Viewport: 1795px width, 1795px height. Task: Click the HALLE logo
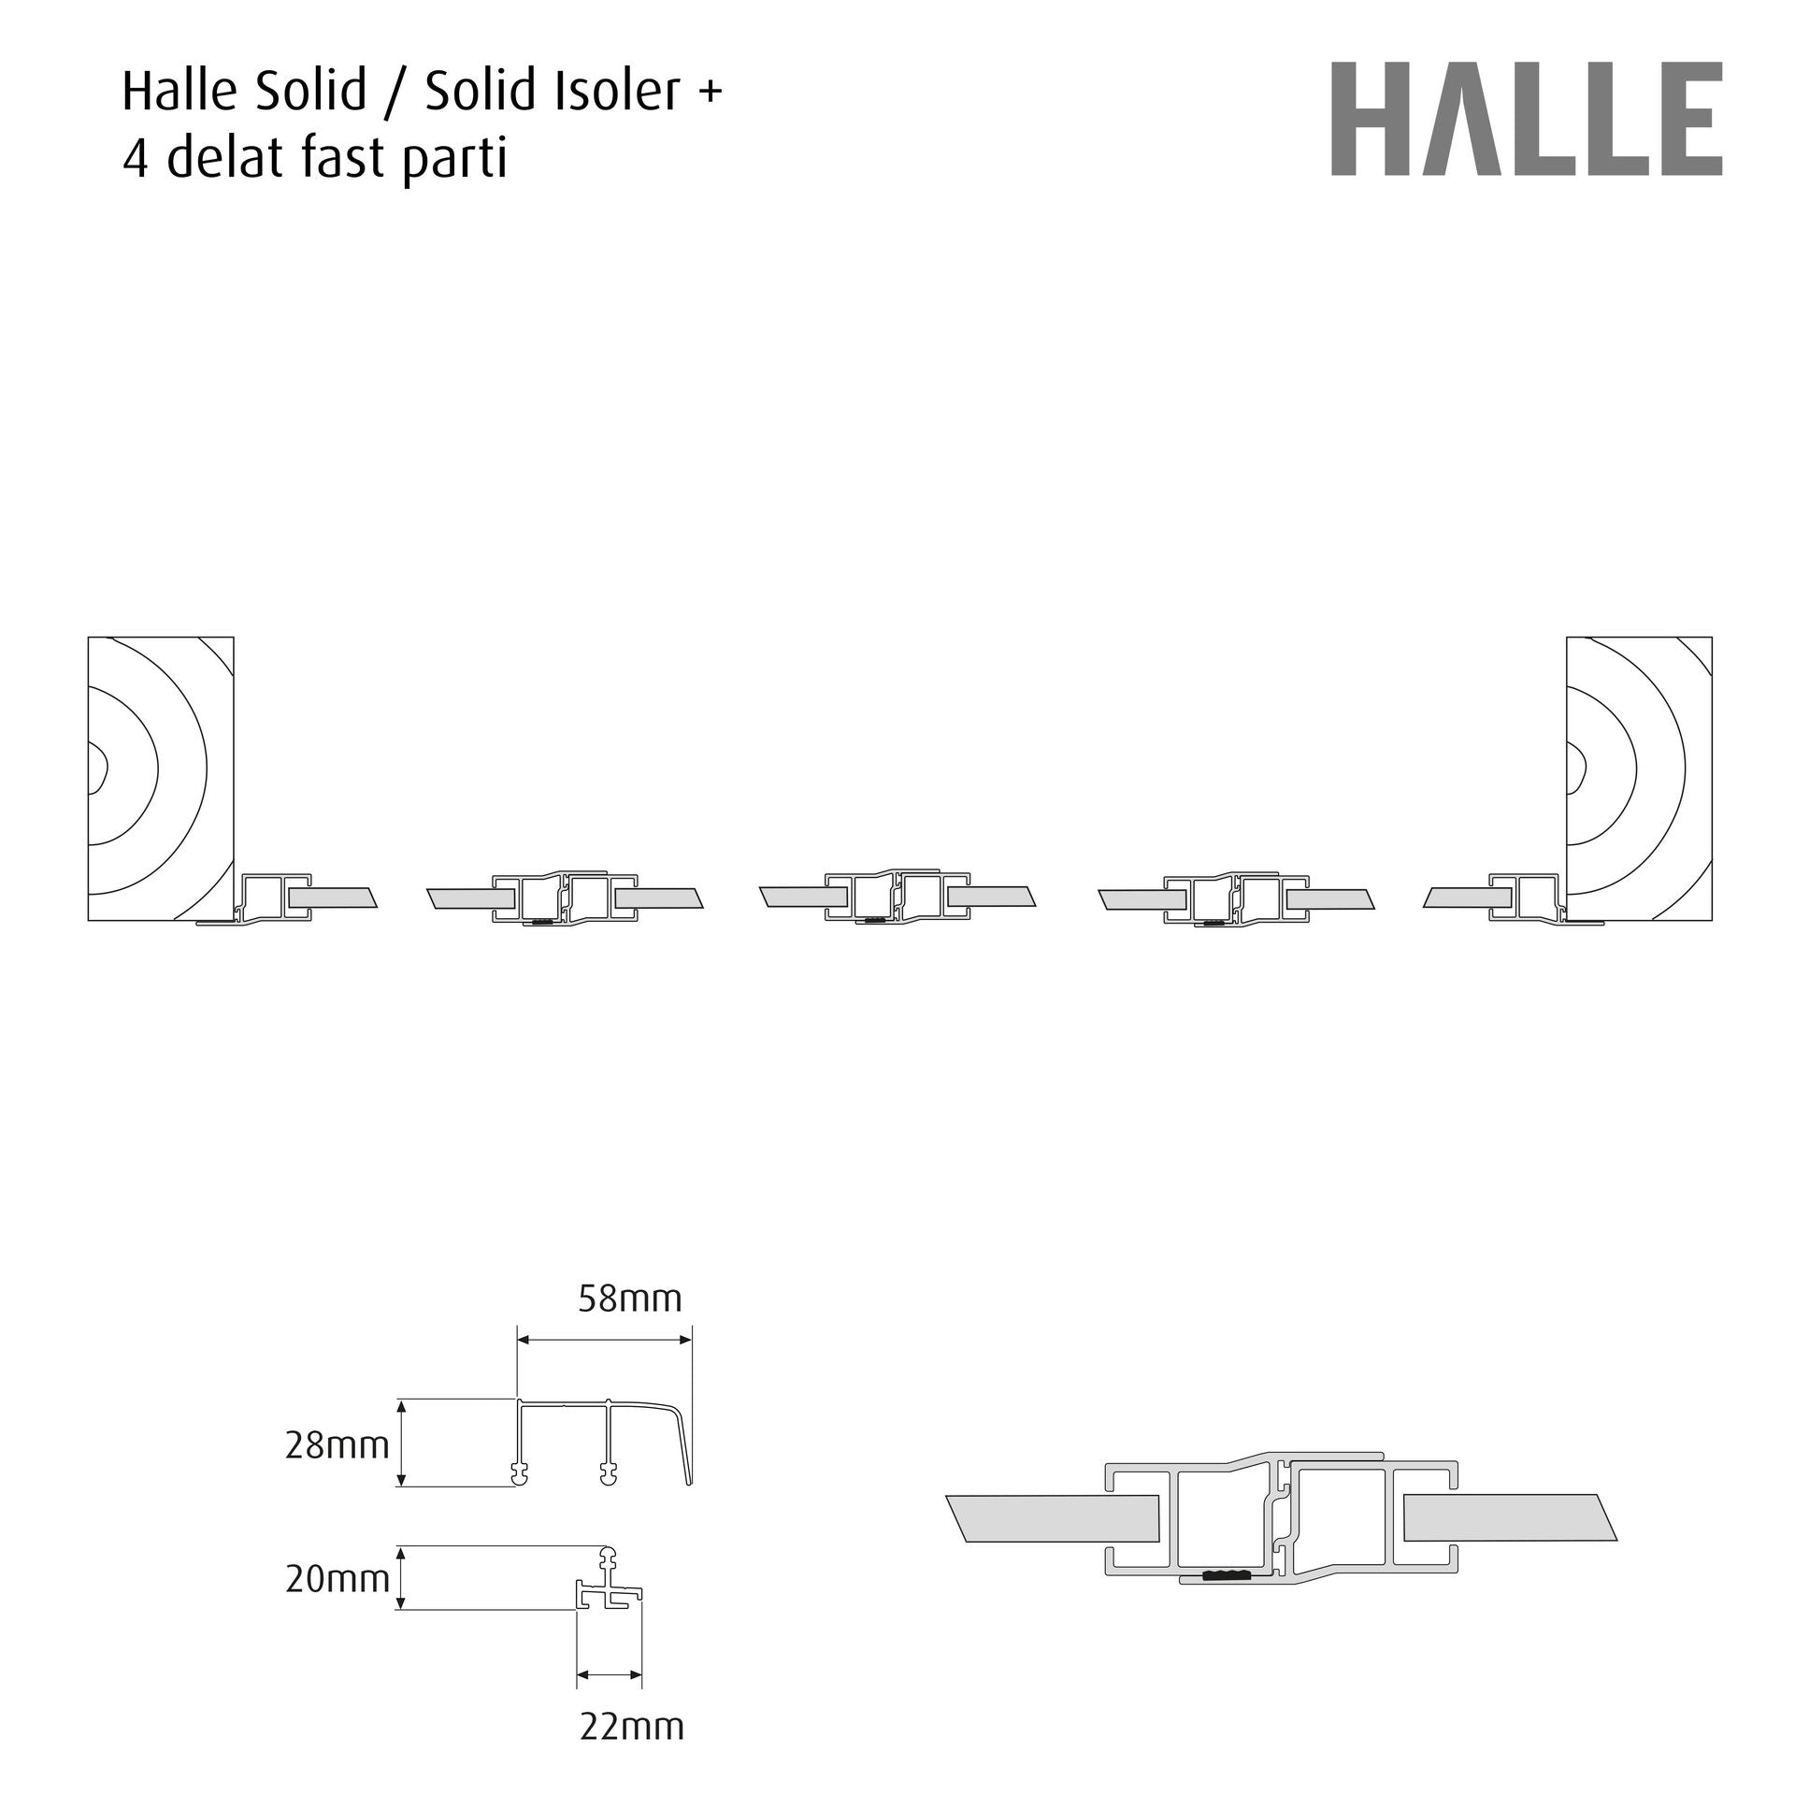coord(1527,119)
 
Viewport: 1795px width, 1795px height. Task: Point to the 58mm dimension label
coord(630,1299)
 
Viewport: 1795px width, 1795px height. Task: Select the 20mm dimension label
coord(337,1579)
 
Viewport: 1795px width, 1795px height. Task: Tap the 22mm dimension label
coord(632,1726)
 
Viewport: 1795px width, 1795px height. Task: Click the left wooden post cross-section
coord(161,779)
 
